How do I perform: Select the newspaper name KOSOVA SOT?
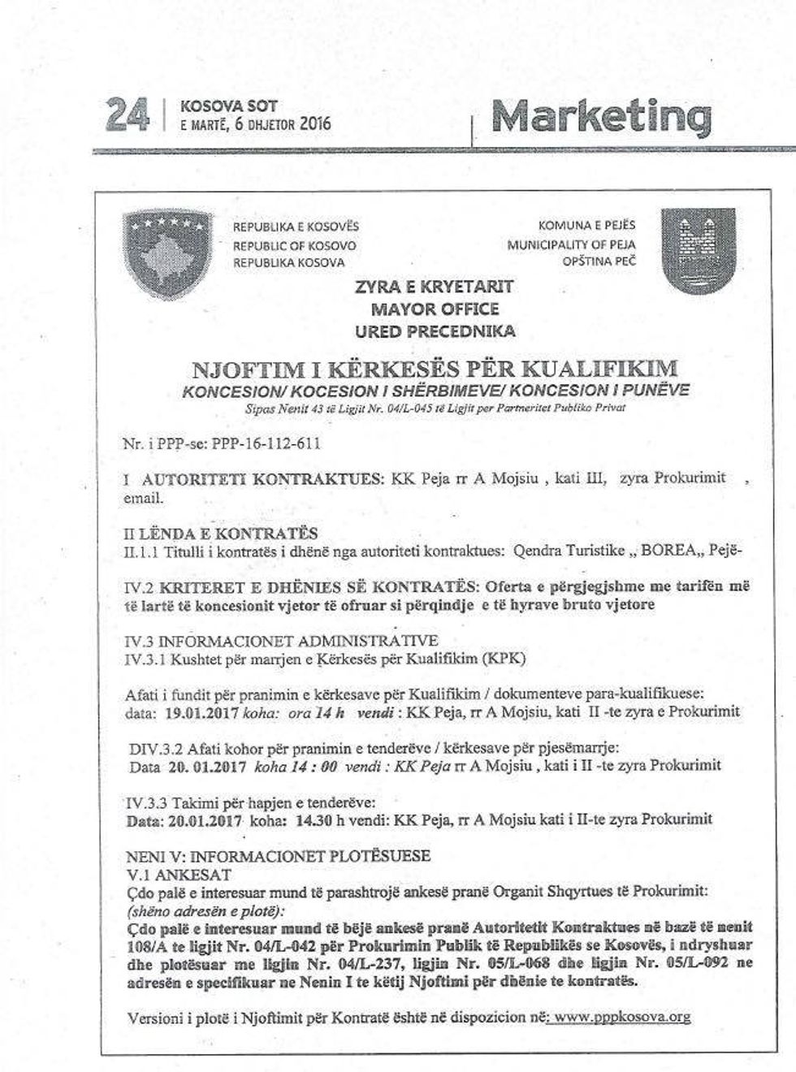(228, 106)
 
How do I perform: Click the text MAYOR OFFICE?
(435, 309)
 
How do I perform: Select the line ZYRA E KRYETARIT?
(435, 287)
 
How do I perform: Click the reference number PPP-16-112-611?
(268, 443)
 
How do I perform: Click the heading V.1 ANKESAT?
(174, 875)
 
